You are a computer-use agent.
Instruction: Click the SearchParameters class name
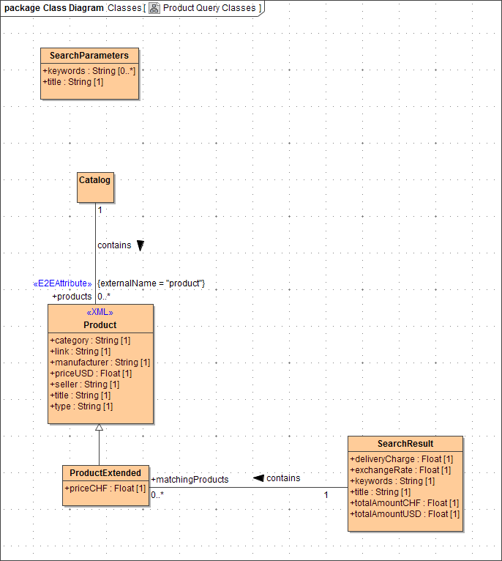click(x=89, y=56)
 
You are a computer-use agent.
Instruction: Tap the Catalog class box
click(x=95, y=187)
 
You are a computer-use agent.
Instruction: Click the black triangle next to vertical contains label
click(x=141, y=246)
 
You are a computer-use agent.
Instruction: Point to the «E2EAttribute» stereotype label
click(x=63, y=283)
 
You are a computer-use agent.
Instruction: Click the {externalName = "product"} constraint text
click(x=151, y=283)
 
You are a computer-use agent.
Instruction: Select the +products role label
click(x=72, y=297)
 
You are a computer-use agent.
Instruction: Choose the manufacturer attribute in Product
click(x=100, y=363)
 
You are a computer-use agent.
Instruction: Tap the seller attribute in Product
click(x=84, y=384)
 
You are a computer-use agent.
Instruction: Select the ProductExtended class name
click(x=105, y=473)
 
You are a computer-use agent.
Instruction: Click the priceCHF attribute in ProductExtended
click(x=105, y=488)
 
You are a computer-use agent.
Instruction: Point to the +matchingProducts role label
click(x=190, y=480)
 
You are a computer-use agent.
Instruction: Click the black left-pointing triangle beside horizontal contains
click(x=258, y=478)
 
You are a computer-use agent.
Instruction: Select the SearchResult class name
click(x=405, y=444)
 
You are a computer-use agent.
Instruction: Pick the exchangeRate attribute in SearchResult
click(x=400, y=470)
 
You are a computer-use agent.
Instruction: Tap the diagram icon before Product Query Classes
click(x=154, y=8)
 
